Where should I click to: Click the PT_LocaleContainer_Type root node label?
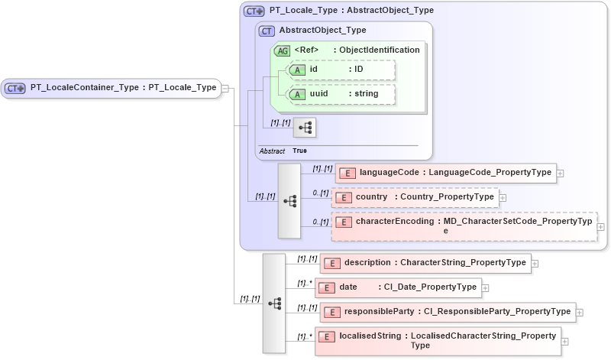tap(122, 88)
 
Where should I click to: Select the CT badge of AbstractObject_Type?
tap(267, 31)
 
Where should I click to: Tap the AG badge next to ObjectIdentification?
tap(283, 50)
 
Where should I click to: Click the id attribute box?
tap(341, 70)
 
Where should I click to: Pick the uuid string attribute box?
tap(341, 94)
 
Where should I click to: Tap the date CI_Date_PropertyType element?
tap(398, 287)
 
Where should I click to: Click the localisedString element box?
tap(438, 341)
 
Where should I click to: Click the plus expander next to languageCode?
tap(561, 173)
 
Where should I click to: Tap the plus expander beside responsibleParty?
tap(580, 312)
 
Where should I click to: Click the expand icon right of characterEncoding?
tap(600, 227)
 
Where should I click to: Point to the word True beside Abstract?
tap(300, 151)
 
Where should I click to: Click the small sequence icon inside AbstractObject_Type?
tap(305, 127)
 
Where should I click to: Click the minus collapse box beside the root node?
tap(226, 88)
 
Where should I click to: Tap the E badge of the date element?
tap(326, 288)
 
